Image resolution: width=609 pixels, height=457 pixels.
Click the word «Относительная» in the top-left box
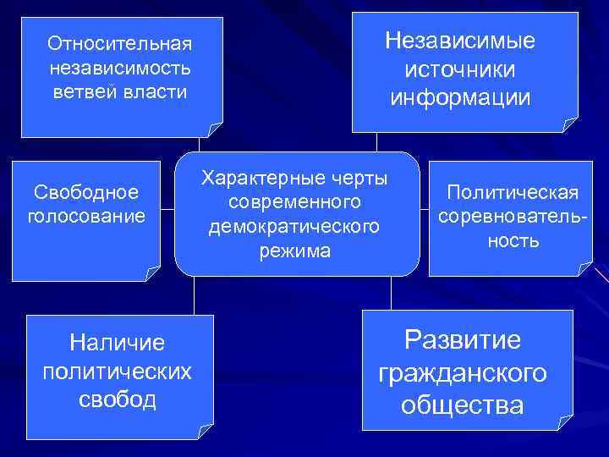click(x=120, y=42)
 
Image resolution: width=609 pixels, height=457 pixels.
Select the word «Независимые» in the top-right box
click(x=460, y=41)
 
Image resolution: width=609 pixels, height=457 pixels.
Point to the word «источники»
click(x=460, y=69)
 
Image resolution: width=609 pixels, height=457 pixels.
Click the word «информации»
click(x=460, y=98)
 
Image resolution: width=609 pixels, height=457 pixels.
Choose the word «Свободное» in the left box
click(x=86, y=194)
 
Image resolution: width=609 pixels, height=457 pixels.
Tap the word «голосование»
click(x=86, y=217)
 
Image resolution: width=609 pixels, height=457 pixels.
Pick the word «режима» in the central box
click(x=295, y=251)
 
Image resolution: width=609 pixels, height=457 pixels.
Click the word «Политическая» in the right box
click(x=513, y=192)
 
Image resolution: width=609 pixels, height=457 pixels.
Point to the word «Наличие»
click(x=118, y=342)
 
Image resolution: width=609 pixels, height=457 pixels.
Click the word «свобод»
click(x=118, y=399)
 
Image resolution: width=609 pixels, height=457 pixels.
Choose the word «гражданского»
click(x=463, y=372)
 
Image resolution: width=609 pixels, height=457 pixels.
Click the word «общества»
click(x=463, y=405)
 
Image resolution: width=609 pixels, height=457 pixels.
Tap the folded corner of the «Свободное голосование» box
click(x=152, y=272)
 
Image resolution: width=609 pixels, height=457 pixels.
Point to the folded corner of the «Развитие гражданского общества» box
click(x=564, y=420)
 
